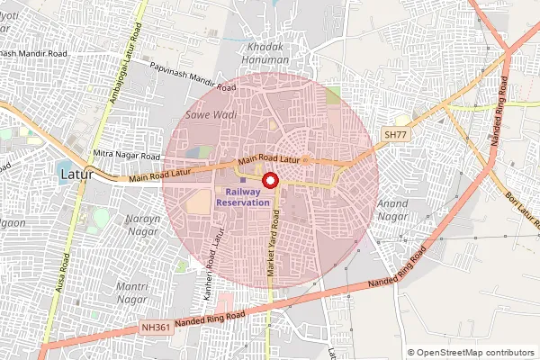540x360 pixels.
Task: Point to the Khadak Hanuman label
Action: click(x=267, y=52)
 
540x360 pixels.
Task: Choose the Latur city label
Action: click(x=75, y=173)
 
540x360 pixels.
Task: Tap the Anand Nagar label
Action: click(x=397, y=210)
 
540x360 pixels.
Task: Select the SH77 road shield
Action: click(x=395, y=134)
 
